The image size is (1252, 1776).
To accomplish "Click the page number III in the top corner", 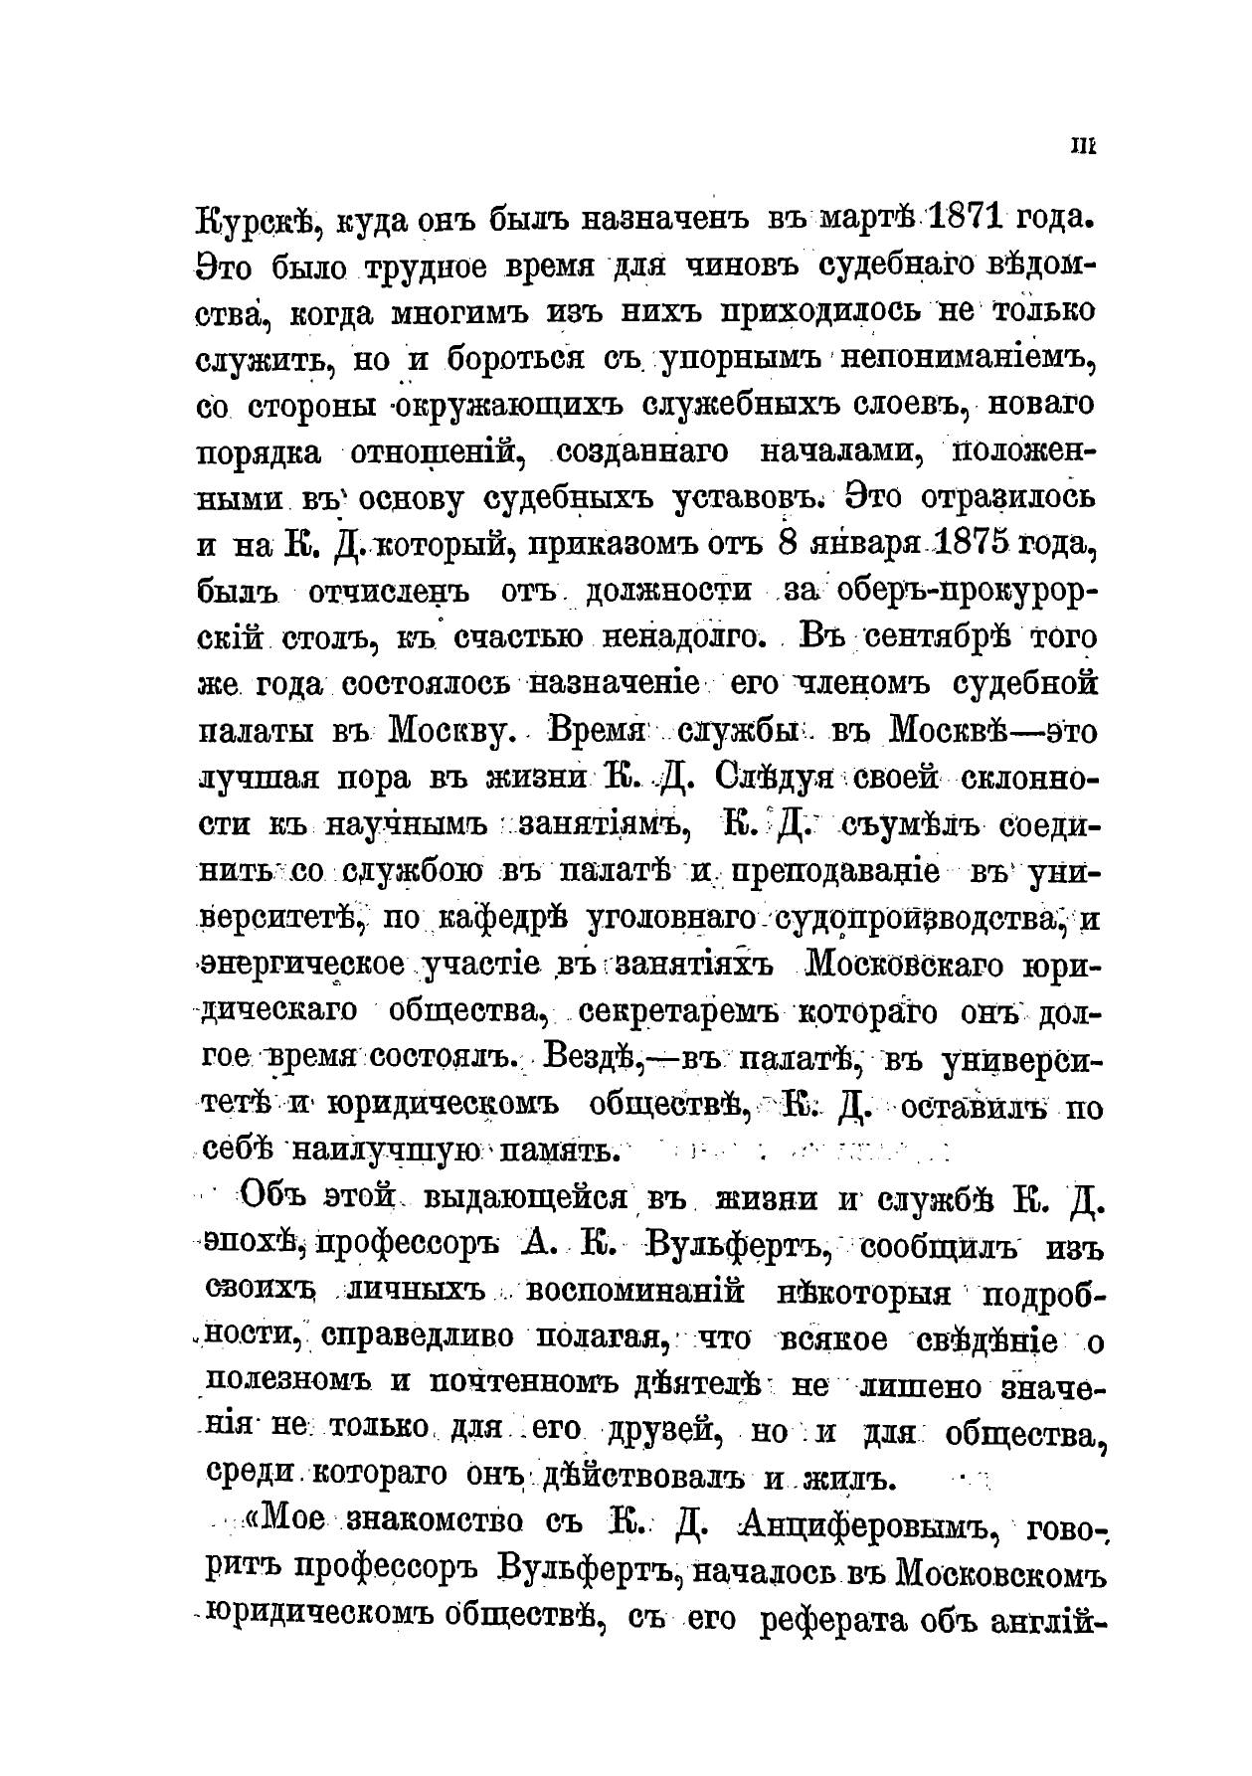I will pos(1082,146).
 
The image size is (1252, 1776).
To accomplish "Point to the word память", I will pos(563,1153).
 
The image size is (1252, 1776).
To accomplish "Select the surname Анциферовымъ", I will pos(861,1527).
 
